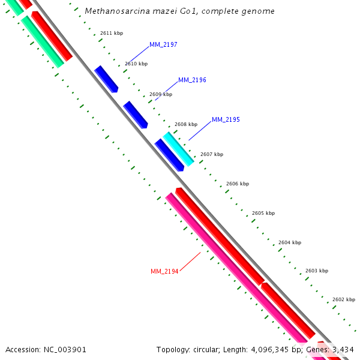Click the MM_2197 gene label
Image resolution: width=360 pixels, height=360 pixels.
tap(163, 45)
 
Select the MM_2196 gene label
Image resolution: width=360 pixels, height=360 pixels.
tap(192, 80)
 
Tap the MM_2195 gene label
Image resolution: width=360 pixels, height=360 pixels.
tap(226, 120)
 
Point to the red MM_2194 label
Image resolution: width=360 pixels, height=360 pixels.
tap(164, 272)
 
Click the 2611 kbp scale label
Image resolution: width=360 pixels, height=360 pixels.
tap(111, 33)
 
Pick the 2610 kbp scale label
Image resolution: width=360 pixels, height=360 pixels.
tap(136, 64)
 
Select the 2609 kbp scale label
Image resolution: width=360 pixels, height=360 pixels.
tap(160, 94)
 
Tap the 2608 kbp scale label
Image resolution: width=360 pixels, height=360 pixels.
tap(185, 125)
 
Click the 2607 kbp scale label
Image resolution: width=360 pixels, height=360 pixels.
tap(211, 154)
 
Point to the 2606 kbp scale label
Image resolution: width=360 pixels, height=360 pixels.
tap(237, 184)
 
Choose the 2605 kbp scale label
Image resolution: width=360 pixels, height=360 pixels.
tap(263, 213)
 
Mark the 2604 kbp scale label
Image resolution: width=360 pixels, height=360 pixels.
tap(289, 242)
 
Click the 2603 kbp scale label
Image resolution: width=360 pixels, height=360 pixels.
tap(316, 271)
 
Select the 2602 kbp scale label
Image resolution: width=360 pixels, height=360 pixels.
tap(343, 299)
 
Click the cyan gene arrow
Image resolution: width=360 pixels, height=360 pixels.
tap(178, 149)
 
